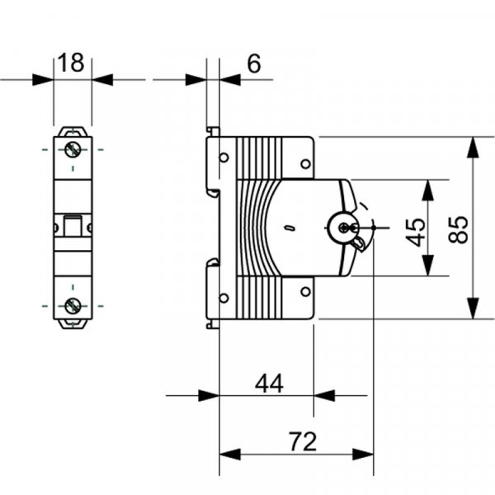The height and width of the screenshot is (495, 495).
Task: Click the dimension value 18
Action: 72,63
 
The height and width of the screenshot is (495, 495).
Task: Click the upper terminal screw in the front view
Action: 73,150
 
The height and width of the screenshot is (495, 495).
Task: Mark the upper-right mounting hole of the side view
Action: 305,164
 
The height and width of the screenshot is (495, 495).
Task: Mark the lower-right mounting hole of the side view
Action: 305,291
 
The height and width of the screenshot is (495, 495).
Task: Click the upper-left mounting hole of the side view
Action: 224,158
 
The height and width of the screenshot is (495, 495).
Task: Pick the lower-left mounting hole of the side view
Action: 224,298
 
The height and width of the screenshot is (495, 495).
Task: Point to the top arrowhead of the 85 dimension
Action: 473,147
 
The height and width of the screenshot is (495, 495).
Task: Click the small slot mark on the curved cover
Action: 288,228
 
